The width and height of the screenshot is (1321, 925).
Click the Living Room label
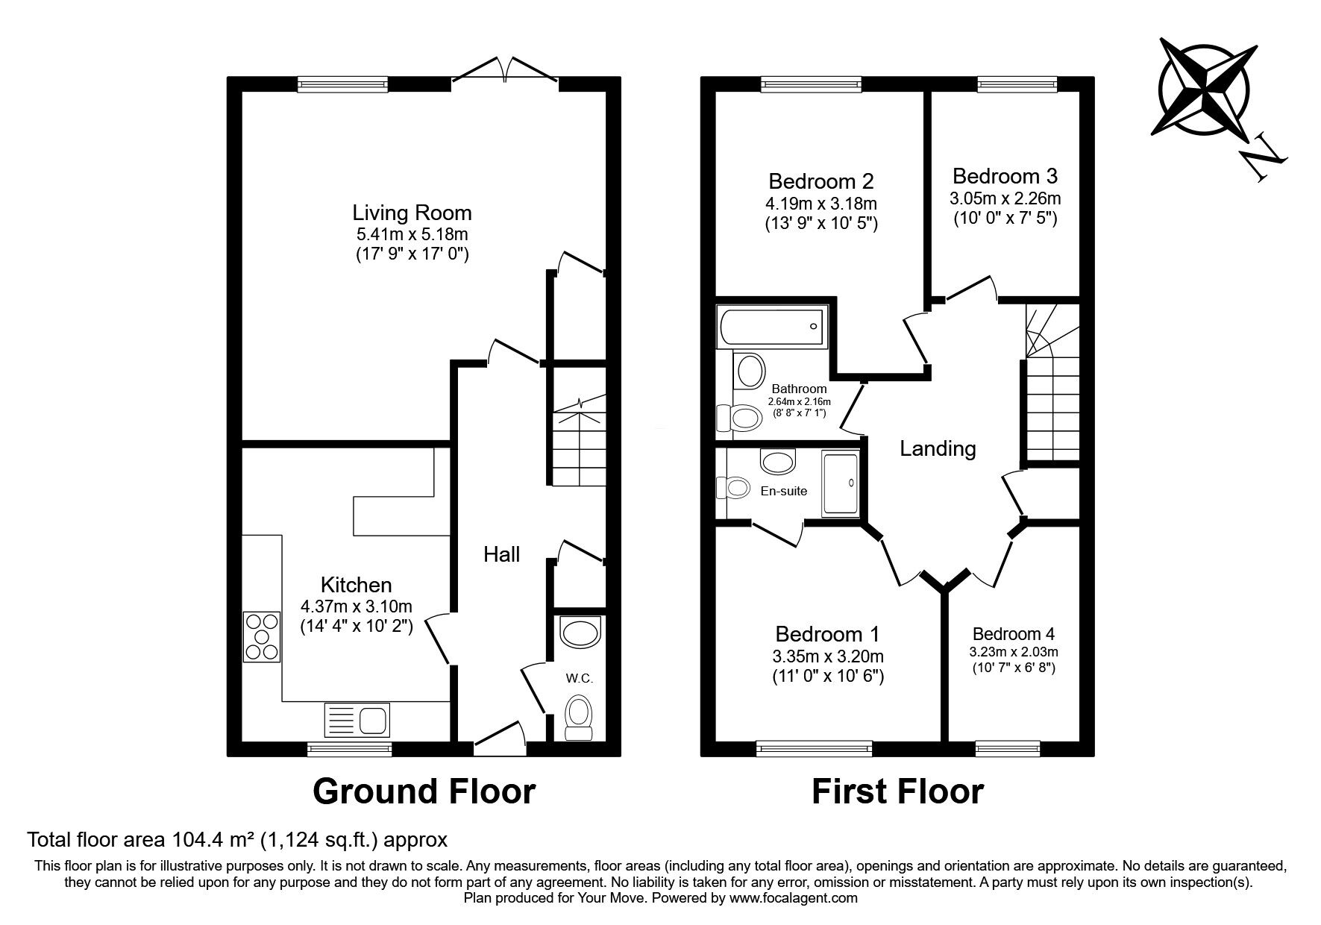click(x=412, y=213)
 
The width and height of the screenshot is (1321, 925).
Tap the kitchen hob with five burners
click(x=262, y=637)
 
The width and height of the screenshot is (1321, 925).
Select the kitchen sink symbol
click(x=357, y=720)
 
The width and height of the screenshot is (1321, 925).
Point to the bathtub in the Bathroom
click(x=772, y=327)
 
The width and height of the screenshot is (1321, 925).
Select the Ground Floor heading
click(x=424, y=791)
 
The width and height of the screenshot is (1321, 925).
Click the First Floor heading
click(x=897, y=791)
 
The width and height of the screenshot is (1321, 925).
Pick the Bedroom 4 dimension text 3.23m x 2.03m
click(x=1014, y=651)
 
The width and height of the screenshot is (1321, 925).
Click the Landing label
click(x=938, y=448)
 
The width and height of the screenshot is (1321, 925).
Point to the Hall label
click(x=501, y=554)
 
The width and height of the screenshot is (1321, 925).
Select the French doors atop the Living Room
click(x=506, y=71)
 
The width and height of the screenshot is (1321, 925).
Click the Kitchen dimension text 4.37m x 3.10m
click(x=357, y=606)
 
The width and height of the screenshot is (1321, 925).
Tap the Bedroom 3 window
click(x=1017, y=84)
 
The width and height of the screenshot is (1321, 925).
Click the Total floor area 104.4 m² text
click(x=237, y=840)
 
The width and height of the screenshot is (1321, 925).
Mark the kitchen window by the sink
click(x=350, y=748)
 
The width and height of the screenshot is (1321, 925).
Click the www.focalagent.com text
click(x=793, y=898)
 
